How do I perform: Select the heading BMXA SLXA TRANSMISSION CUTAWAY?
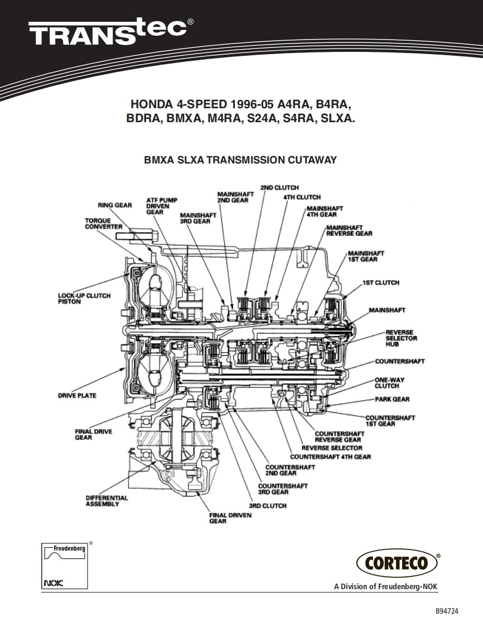tap(240, 160)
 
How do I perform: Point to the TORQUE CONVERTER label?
tap(104, 224)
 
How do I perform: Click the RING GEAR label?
tap(115, 205)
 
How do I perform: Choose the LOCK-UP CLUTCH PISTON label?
tap(84, 298)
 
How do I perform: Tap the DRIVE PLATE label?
tap(78, 396)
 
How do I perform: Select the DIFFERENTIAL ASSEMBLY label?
tap(107, 501)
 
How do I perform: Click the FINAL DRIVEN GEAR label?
tap(230, 518)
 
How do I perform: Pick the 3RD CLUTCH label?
tap(268, 506)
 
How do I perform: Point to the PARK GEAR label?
tap(392, 399)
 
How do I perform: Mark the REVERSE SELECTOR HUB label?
tap(402, 338)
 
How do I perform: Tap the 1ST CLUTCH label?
tap(381, 283)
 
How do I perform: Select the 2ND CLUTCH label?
tap(279, 187)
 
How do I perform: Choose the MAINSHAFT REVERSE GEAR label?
tap(349, 230)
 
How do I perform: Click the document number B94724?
tap(447, 611)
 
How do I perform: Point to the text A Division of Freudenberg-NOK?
tap(385, 586)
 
